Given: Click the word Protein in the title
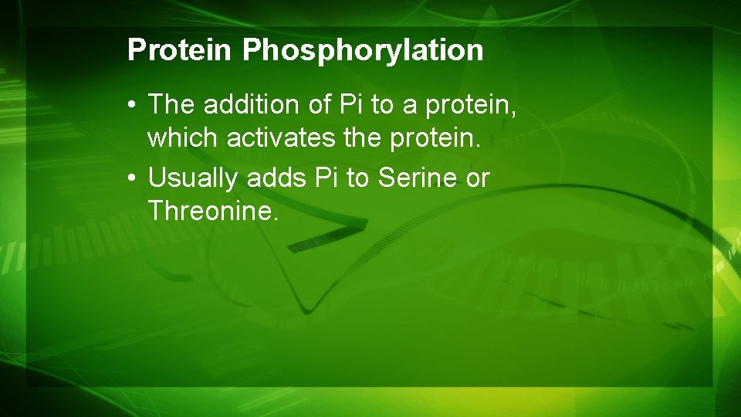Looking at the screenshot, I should pyautogui.click(x=179, y=50).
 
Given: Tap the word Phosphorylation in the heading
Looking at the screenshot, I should pyautogui.click(x=363, y=50).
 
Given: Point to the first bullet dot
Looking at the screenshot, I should pyautogui.click(x=134, y=103).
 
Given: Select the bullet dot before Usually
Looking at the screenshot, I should pyautogui.click(x=134, y=178).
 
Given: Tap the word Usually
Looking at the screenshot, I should pyautogui.click(x=193, y=178).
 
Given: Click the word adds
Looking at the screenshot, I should pyautogui.click(x=278, y=178).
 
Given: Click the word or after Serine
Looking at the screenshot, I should pyautogui.click(x=476, y=178).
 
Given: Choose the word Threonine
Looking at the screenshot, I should pyautogui.click(x=211, y=210).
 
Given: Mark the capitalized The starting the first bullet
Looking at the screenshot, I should pyautogui.click(x=170, y=103).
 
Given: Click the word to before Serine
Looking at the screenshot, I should pyautogui.click(x=357, y=178).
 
